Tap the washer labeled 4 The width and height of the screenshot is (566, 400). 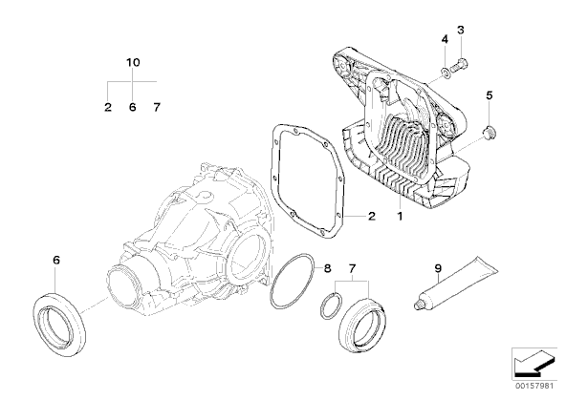click(446, 74)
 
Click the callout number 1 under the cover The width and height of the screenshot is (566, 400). click(400, 217)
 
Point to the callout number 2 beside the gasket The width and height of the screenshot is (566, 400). click(371, 216)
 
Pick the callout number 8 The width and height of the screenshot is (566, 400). click(327, 268)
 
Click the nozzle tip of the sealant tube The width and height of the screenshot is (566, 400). click(417, 305)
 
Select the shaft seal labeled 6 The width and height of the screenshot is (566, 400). click(59, 325)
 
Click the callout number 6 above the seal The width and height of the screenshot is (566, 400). click(56, 260)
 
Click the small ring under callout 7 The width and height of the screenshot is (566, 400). click(331, 305)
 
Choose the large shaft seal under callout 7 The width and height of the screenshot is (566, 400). click(362, 325)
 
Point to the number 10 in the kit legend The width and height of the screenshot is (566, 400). click(133, 62)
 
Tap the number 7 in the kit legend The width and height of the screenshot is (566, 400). click(156, 107)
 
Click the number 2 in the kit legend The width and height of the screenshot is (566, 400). click(108, 107)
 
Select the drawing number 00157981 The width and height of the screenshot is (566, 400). click(534, 386)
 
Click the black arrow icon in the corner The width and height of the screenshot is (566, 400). click(533, 363)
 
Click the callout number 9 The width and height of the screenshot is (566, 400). click(438, 268)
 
